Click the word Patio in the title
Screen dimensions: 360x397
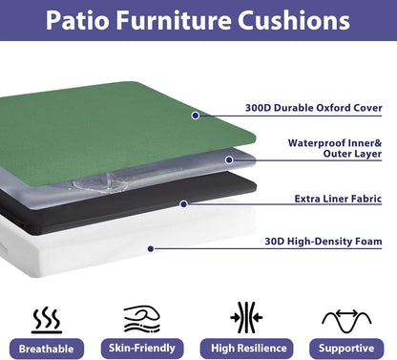(88, 20)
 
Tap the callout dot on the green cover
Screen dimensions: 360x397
(195, 116)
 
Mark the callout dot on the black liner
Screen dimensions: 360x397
(183, 202)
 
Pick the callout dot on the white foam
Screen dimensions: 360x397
(150, 249)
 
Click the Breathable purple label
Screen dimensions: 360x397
(46, 348)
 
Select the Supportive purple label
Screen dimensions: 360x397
(345, 348)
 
